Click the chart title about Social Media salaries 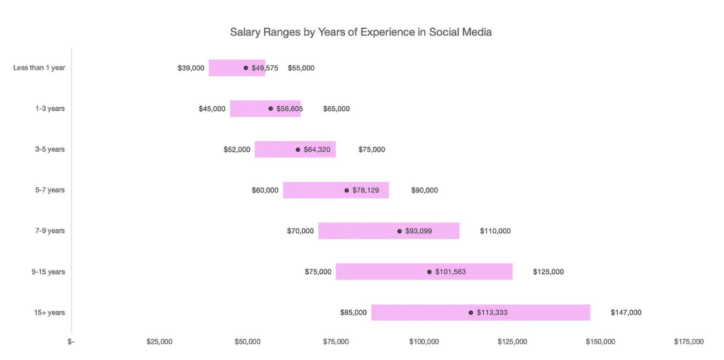point(361,32)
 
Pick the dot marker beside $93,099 point(399,231)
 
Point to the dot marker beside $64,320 point(298,150)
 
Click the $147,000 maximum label point(626,312)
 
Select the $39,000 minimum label point(191,68)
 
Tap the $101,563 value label point(450,272)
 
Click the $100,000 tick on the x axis point(424,341)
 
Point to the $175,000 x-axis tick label point(689,341)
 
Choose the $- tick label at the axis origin point(71,341)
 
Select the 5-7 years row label point(50,190)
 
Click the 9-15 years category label point(48,272)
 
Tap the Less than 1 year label point(39,67)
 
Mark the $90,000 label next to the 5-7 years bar point(424,190)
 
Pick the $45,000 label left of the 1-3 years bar point(212,109)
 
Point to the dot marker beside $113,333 point(471,313)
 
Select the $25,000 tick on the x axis point(159,341)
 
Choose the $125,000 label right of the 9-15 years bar point(548,272)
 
